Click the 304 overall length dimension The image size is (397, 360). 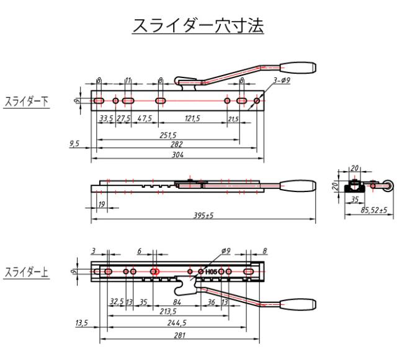click(177, 154)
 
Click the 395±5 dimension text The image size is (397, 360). click(203, 215)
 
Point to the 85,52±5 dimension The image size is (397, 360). click(373, 210)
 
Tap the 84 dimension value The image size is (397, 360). click(177, 302)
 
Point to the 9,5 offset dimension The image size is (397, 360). click(74, 144)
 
